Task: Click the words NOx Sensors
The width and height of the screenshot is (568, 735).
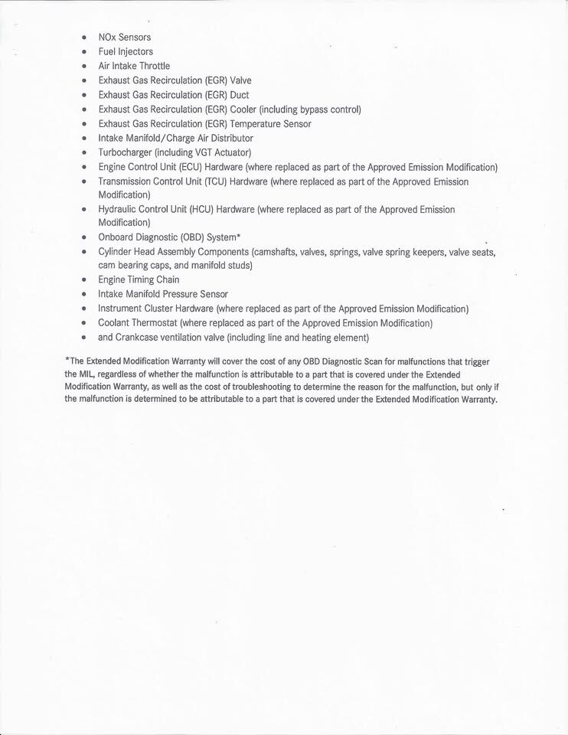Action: pyautogui.click(x=125, y=37)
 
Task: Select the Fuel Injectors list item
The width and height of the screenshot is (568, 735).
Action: pyautogui.click(x=126, y=51)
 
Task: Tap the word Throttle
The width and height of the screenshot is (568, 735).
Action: pyautogui.click(x=155, y=66)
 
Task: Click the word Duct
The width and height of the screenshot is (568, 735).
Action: pyautogui.click(x=240, y=95)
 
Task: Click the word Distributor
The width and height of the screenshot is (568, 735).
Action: pyautogui.click(x=228, y=138)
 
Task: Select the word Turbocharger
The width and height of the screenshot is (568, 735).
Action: pyautogui.click(x=125, y=152)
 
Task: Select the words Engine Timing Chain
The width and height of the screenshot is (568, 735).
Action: pyautogui.click(x=139, y=279)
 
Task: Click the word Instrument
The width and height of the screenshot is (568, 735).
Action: pyautogui.click(x=120, y=309)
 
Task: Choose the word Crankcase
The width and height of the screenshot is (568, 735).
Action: pyautogui.click(x=139, y=338)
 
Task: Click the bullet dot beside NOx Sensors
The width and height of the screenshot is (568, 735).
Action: pyautogui.click(x=83, y=37)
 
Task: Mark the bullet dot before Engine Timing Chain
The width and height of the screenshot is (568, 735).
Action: pyautogui.click(x=83, y=280)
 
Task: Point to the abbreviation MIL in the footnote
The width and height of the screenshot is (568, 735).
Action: pyautogui.click(x=89, y=374)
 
